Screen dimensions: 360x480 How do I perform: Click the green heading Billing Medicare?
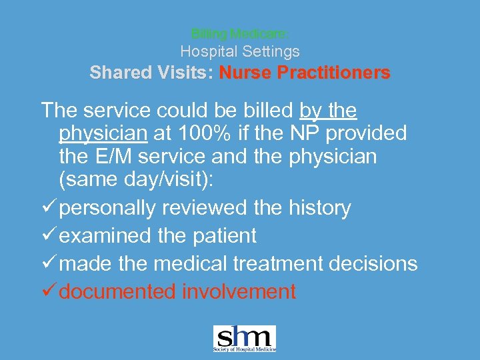point(240,33)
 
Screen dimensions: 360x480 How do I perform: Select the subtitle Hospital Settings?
point(240,51)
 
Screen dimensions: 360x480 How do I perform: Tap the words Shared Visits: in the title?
point(151,73)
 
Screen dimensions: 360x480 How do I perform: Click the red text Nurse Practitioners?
point(305,73)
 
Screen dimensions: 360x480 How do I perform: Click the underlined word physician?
point(103,133)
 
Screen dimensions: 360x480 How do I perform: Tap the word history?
point(321,209)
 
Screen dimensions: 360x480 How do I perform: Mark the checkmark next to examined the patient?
point(48,236)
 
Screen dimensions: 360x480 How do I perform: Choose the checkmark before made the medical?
point(48,264)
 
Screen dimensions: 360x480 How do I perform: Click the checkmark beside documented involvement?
point(48,291)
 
